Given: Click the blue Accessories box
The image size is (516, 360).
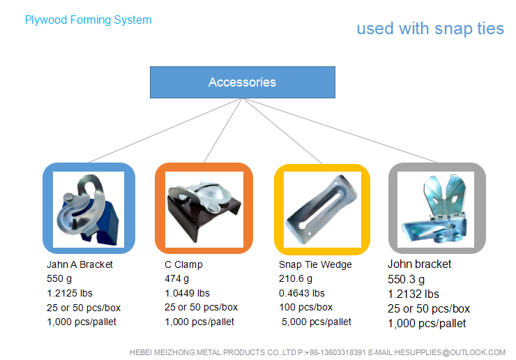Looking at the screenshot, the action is click(x=243, y=82).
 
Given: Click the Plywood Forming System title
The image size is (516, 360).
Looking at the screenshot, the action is click(x=88, y=20).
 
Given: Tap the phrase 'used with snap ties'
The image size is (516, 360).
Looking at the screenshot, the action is click(x=430, y=29).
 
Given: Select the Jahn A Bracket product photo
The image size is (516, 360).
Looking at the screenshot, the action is click(x=89, y=209).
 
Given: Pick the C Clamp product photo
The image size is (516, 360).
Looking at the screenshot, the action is click(x=204, y=209).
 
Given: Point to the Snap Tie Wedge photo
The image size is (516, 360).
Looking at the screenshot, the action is click(x=322, y=209).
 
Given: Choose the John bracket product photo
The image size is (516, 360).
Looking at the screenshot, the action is click(x=436, y=209).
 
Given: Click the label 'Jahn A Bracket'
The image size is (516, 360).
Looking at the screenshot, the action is click(x=79, y=264).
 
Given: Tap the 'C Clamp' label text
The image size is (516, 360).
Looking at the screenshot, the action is click(x=183, y=264).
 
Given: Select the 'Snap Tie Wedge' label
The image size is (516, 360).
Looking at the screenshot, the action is click(x=315, y=264).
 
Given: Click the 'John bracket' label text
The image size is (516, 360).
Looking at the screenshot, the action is click(x=419, y=264).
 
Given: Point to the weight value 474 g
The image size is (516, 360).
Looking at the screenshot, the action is click(x=176, y=279).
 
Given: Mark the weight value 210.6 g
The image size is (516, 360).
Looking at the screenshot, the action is click(x=296, y=279).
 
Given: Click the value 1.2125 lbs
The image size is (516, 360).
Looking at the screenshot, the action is click(x=70, y=293).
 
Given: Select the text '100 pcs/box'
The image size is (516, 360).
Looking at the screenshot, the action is click(x=305, y=307).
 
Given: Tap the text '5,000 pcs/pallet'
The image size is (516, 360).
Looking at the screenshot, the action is click(x=317, y=322).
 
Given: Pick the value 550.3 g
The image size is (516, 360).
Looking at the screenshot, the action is click(x=406, y=280).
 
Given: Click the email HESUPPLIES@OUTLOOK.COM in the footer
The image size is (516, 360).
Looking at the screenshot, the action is click(x=450, y=352).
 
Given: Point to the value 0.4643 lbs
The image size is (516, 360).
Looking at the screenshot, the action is click(x=302, y=293).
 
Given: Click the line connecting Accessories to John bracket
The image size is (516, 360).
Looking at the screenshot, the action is click(x=340, y=130).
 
